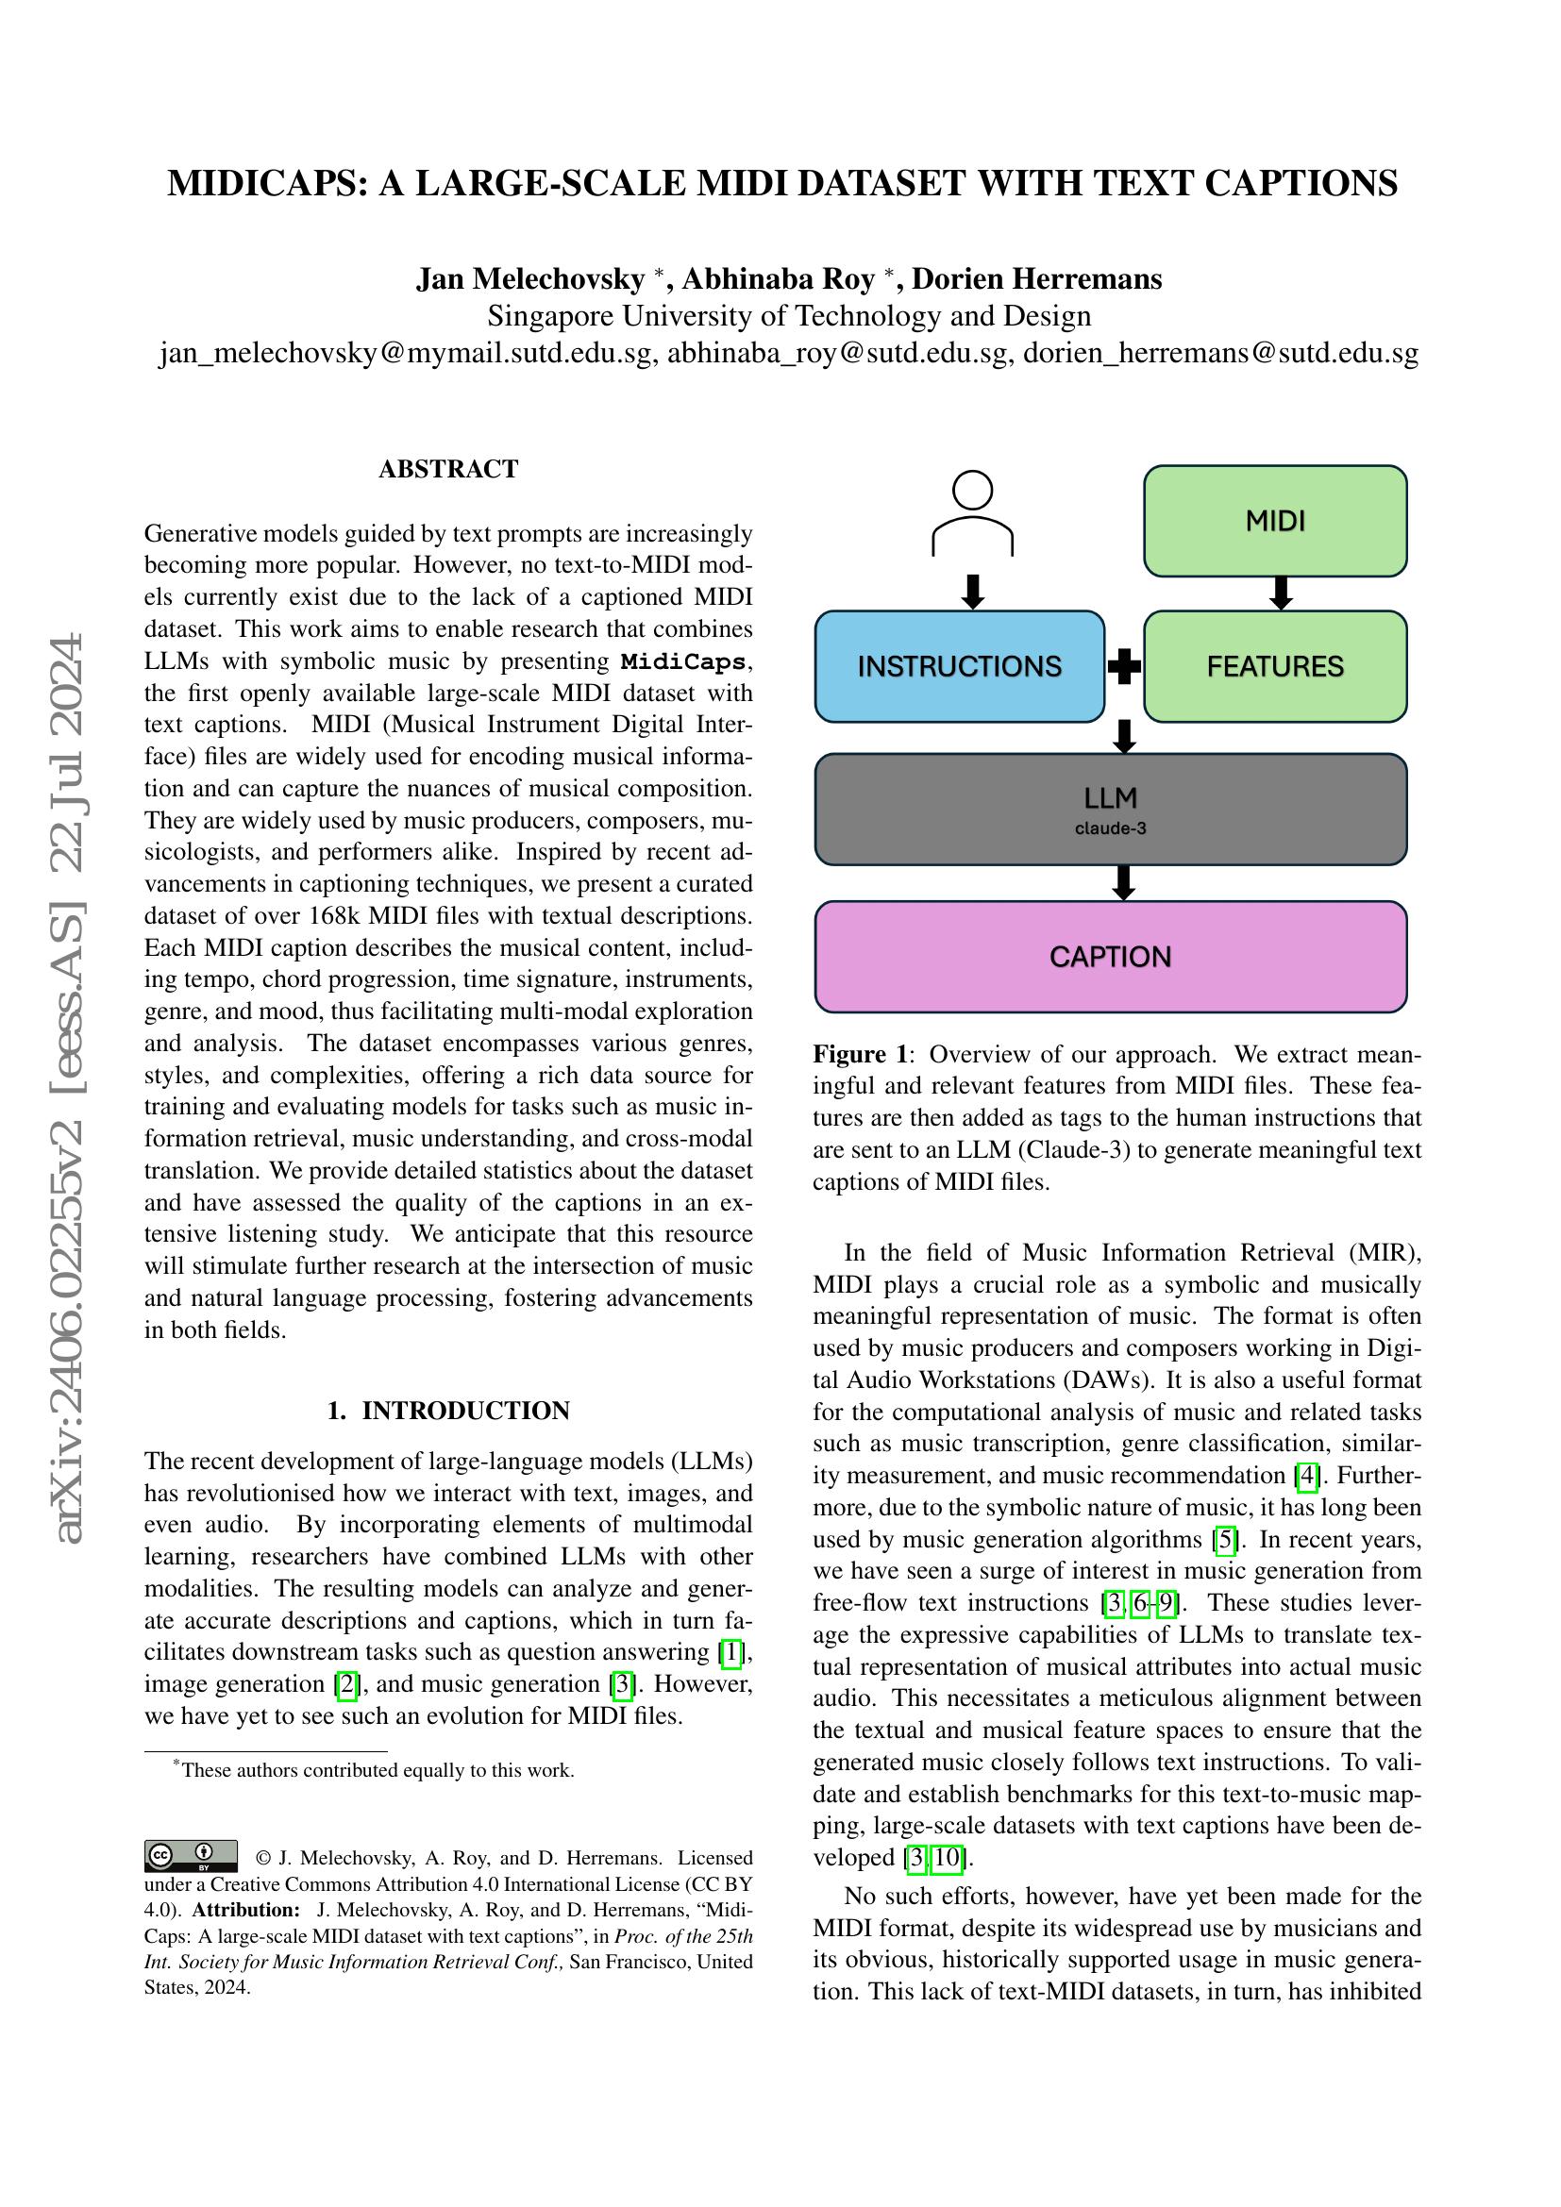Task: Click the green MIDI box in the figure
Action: tap(1274, 521)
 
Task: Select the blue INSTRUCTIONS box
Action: tap(959, 666)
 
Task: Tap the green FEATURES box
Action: tap(1274, 666)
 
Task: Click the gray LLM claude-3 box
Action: tap(1110, 810)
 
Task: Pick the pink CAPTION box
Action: tap(1110, 957)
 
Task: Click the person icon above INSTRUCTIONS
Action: tap(973, 513)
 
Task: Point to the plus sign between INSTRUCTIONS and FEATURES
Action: tap(1124, 666)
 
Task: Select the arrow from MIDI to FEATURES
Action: tap(1280, 594)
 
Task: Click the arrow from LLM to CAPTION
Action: tap(1123, 882)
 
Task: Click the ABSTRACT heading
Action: tap(448, 469)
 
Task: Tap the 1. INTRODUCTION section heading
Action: tap(448, 1410)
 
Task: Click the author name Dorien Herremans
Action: tap(1036, 278)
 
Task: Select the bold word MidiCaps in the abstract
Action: tap(682, 661)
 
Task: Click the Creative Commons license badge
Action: tap(192, 1855)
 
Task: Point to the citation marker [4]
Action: tap(1306, 1476)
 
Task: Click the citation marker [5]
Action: tap(1225, 1539)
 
